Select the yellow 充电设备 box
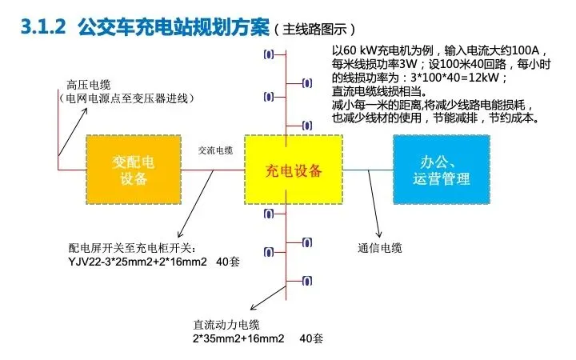[x=294, y=170]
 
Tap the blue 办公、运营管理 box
[x=441, y=170]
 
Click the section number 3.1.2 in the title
[x=41, y=29]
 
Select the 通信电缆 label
[x=385, y=248]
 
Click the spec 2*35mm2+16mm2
[x=238, y=338]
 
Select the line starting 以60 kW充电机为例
[x=433, y=54]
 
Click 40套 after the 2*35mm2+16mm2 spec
[x=311, y=338]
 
